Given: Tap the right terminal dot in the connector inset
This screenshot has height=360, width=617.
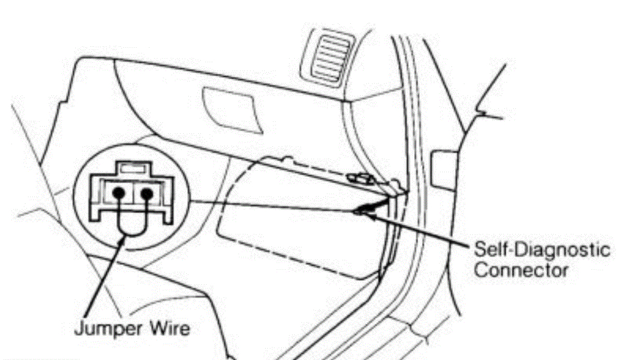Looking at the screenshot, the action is (x=148, y=193).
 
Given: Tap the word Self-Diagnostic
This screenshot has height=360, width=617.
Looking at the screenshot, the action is (x=541, y=251).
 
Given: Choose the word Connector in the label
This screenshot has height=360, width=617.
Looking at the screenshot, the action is (x=521, y=270).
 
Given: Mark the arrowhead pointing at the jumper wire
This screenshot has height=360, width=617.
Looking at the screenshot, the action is (x=124, y=239).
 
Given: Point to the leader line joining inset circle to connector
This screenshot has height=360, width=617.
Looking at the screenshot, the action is (x=270, y=206).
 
